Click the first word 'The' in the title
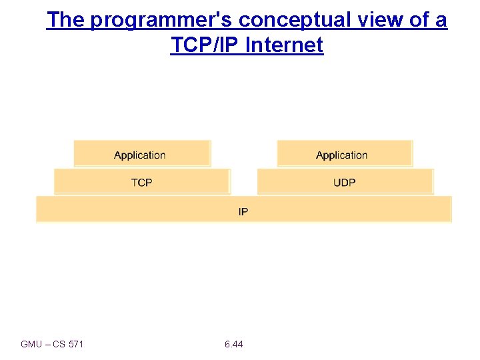[65, 20]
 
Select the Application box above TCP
[142, 153]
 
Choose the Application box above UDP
[345, 153]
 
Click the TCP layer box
[142, 181]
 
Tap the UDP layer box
[345, 181]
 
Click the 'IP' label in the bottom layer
[243, 212]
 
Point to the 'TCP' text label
[141, 183]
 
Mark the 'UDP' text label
[344, 183]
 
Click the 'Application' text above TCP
[139, 155]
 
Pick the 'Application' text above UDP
[341, 155]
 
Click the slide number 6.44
[234, 345]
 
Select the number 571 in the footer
[76, 345]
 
